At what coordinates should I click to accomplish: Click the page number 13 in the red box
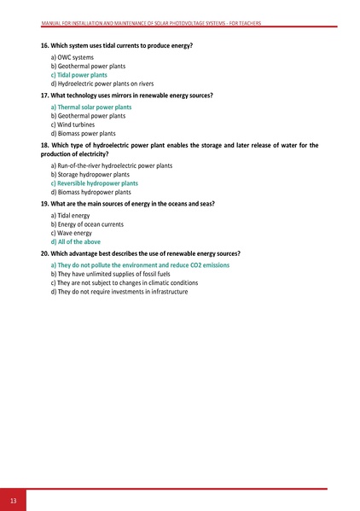[12, 499]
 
